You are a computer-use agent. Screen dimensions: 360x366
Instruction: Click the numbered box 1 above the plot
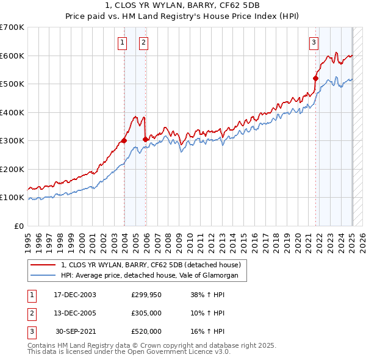coord(123,42)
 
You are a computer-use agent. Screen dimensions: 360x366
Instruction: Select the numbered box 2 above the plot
coord(143,42)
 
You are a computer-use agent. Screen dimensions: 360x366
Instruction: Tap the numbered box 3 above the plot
coord(314,42)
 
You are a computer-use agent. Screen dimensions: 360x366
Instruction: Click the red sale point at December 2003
coord(124,140)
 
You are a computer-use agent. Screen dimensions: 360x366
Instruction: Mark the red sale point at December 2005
coord(145,139)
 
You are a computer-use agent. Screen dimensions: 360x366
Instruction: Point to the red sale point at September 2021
coord(316,78)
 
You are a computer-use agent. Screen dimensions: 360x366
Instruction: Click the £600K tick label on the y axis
coord(12,56)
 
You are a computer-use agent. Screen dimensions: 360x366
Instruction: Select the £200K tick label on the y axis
coord(12,169)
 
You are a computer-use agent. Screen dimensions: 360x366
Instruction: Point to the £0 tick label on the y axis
coord(18,226)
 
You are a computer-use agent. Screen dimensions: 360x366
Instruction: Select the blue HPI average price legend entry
coord(153,276)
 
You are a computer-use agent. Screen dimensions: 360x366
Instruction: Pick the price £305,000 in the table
coord(146,313)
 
